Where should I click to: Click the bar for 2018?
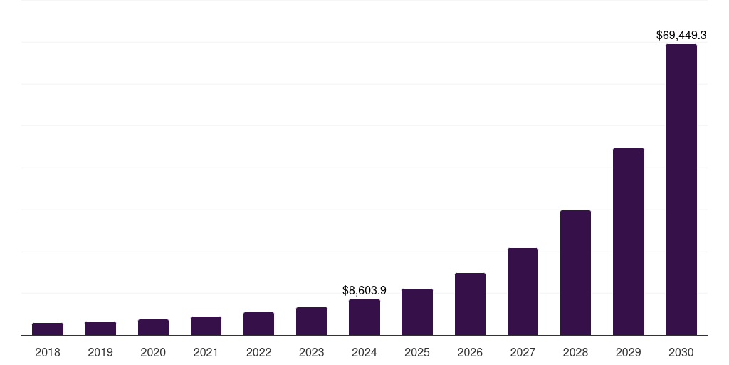point(48,329)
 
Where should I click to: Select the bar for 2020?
point(153,327)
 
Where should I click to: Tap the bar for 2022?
point(258,324)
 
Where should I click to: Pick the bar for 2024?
point(364,317)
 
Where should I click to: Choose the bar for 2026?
point(470,304)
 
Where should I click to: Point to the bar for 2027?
point(523,292)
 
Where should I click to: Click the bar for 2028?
point(575,273)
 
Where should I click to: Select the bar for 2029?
point(629,242)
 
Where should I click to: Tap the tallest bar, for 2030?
point(681,190)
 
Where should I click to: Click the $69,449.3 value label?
point(681,34)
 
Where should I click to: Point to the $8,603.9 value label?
point(364,290)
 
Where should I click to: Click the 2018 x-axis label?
point(48,352)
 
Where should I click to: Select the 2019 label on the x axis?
point(100,352)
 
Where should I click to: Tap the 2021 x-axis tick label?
point(206,352)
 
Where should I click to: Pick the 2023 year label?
point(312,352)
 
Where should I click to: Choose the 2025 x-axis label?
point(417,352)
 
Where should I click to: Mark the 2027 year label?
point(523,352)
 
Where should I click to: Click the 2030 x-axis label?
point(681,352)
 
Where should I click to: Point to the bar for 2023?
point(312,322)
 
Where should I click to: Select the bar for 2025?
point(417,312)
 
